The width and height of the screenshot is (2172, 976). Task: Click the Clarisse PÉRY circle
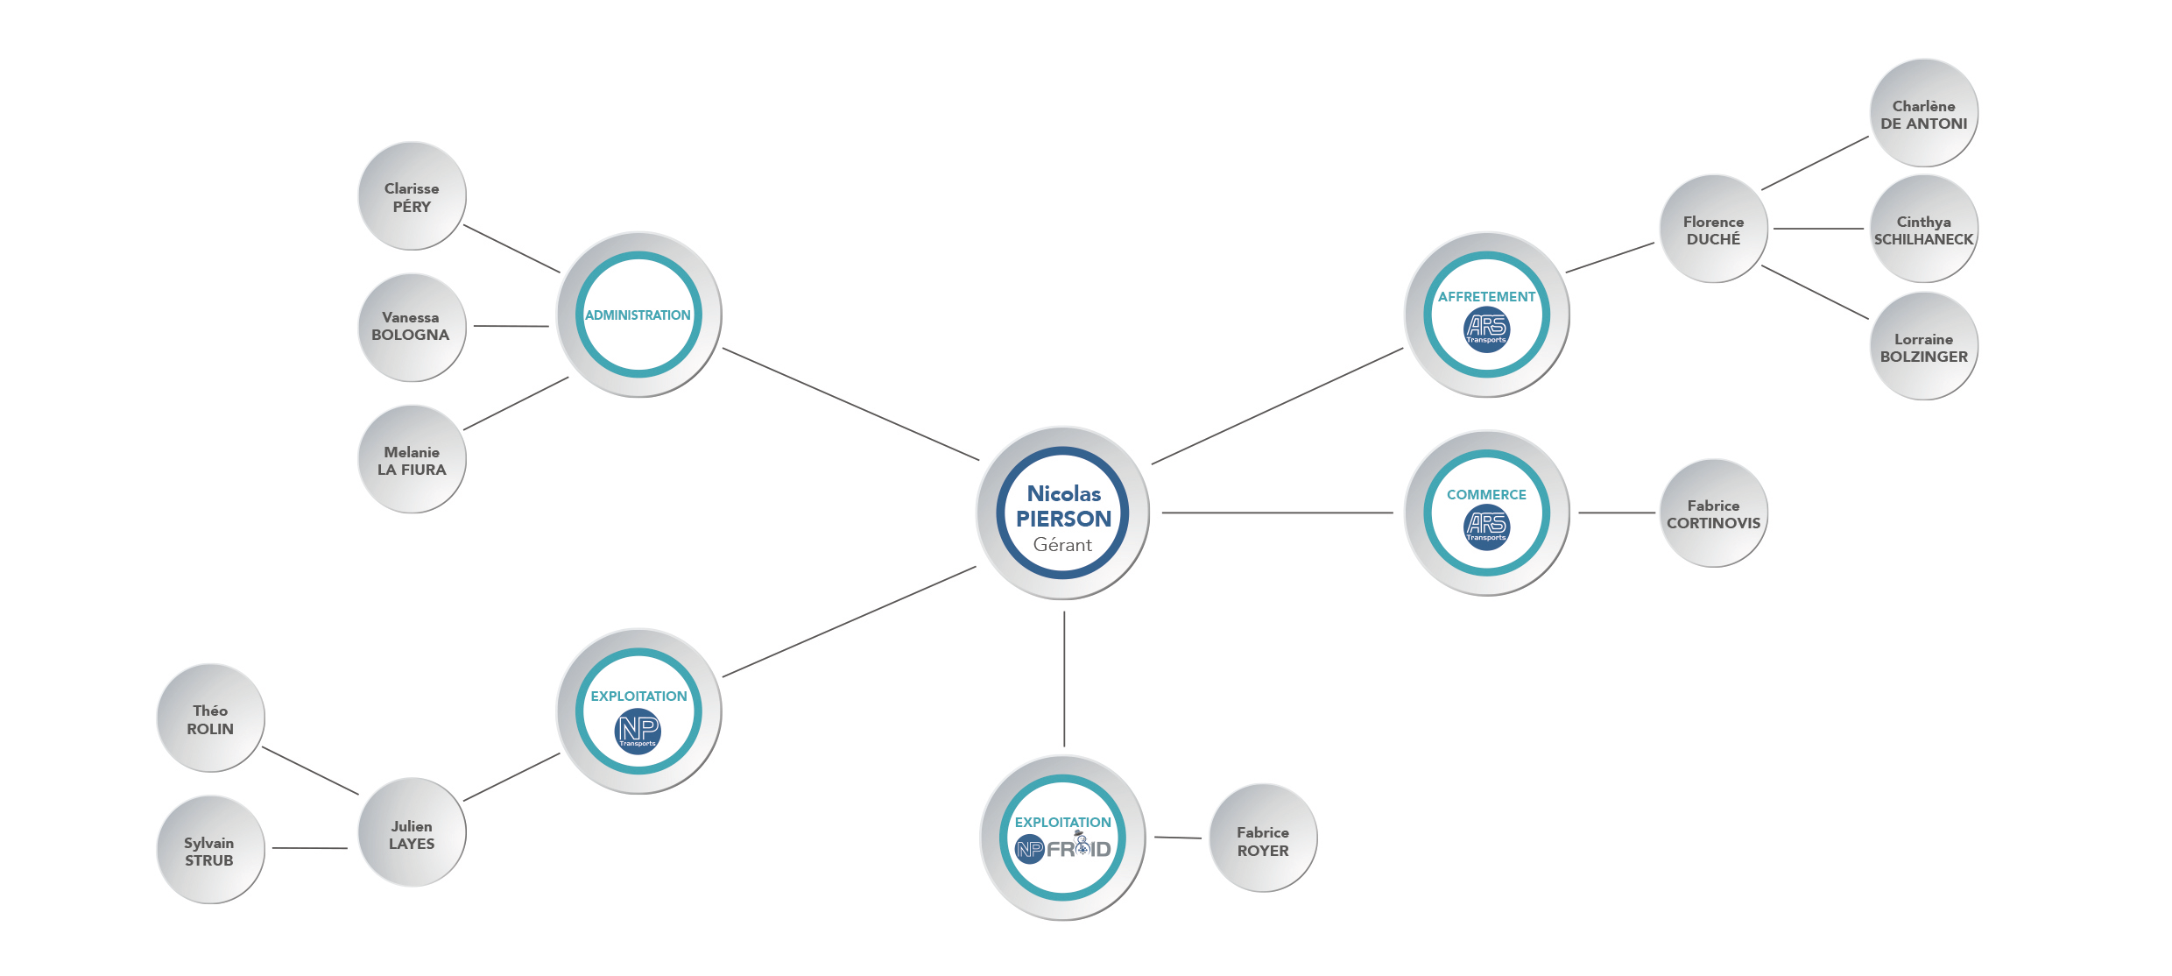412,196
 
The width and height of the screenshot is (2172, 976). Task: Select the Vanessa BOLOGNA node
412,327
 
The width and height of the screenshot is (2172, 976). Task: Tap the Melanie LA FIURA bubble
412,459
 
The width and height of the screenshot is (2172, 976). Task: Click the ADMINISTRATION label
638,315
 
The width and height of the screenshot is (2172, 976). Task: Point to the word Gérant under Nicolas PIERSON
1062,545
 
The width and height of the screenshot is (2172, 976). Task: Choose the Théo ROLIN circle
210,718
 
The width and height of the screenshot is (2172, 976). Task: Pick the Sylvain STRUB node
210,850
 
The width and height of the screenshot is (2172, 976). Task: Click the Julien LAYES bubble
412,833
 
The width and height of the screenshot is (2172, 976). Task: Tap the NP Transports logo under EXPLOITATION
638,731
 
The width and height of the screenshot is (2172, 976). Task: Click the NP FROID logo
1062,848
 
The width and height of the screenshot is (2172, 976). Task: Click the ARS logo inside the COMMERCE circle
1486,526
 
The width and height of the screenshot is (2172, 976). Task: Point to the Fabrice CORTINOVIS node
1713,514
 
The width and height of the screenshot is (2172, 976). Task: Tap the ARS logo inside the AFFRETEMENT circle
1486,329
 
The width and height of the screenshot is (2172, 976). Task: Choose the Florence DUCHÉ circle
1713,230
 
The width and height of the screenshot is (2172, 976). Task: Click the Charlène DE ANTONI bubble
1923,114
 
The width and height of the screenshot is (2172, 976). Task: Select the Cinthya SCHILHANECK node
1923,230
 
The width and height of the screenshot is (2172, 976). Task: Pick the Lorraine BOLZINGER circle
1923,347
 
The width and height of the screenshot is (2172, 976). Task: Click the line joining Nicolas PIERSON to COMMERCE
1277,513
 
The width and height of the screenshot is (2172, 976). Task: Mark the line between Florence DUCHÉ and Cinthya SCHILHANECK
1818,229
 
